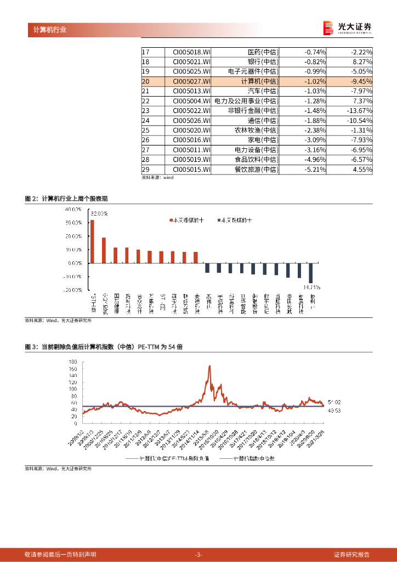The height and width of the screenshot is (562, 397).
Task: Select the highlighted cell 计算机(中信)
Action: coord(259,81)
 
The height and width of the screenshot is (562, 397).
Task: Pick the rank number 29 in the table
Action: coord(146,170)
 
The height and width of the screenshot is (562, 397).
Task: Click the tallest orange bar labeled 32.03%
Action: coord(92,241)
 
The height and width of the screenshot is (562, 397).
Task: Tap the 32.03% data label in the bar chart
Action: coord(99,213)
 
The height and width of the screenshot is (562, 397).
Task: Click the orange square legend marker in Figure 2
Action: coord(170,220)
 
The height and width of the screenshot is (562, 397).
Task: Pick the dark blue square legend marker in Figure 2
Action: coord(219,220)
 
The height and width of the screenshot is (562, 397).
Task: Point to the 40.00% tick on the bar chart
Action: coord(73,210)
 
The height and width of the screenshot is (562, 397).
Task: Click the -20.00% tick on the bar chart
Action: coord(72,290)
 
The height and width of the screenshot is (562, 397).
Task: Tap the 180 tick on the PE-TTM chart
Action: coord(72,363)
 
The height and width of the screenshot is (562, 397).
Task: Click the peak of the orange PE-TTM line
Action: coord(209,366)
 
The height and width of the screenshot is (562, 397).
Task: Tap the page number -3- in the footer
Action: coord(198,554)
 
